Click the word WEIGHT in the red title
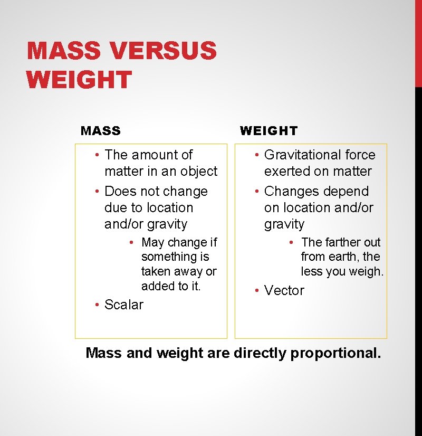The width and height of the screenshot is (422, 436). pyautogui.click(x=79, y=80)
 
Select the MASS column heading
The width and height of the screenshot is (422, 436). pyautogui.click(x=101, y=130)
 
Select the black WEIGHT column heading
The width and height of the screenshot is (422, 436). pyautogui.click(x=268, y=130)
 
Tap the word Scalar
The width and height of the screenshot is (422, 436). pyautogui.click(x=124, y=305)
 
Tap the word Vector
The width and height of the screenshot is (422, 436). pyautogui.click(x=284, y=290)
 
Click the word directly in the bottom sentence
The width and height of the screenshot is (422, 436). pyautogui.click(x=260, y=353)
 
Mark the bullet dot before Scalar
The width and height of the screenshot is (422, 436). pyautogui.click(x=97, y=305)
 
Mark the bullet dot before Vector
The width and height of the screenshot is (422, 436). pyautogui.click(x=256, y=290)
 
